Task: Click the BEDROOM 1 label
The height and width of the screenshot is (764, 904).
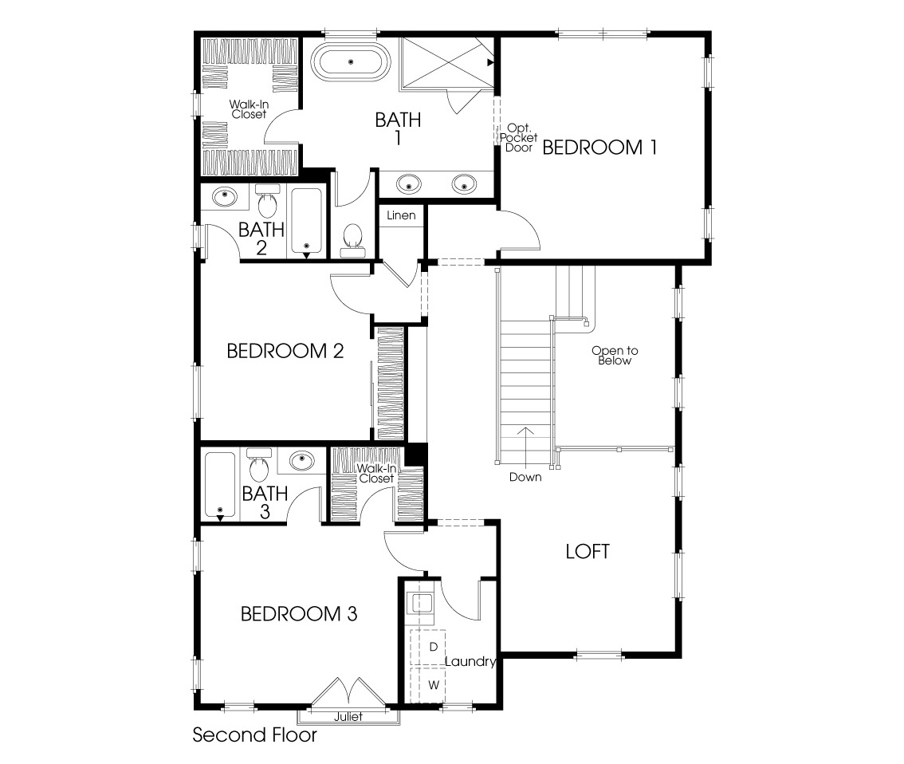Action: (599, 148)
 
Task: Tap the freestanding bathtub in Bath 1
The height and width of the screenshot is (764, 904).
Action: (349, 61)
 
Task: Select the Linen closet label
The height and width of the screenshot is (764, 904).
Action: (401, 215)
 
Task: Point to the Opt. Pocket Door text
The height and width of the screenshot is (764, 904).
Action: (519, 138)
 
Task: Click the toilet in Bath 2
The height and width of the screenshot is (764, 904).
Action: (267, 203)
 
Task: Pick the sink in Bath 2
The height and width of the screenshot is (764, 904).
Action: (225, 195)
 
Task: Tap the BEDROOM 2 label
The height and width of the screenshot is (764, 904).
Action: (285, 351)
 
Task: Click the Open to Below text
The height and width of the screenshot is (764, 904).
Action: (615, 356)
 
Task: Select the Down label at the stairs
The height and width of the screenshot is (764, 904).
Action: (525, 477)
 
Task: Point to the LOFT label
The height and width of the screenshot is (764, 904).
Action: (588, 551)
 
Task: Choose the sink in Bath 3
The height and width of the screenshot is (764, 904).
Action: (301, 460)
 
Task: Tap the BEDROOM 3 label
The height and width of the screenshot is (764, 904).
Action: (298, 614)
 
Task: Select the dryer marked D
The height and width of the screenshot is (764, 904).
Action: (433, 646)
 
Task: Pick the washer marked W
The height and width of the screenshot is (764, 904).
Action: (433, 684)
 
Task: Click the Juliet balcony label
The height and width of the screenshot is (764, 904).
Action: (348, 717)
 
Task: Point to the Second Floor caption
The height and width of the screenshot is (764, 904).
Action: (254, 734)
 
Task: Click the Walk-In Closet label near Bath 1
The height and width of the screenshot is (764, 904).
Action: (249, 109)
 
